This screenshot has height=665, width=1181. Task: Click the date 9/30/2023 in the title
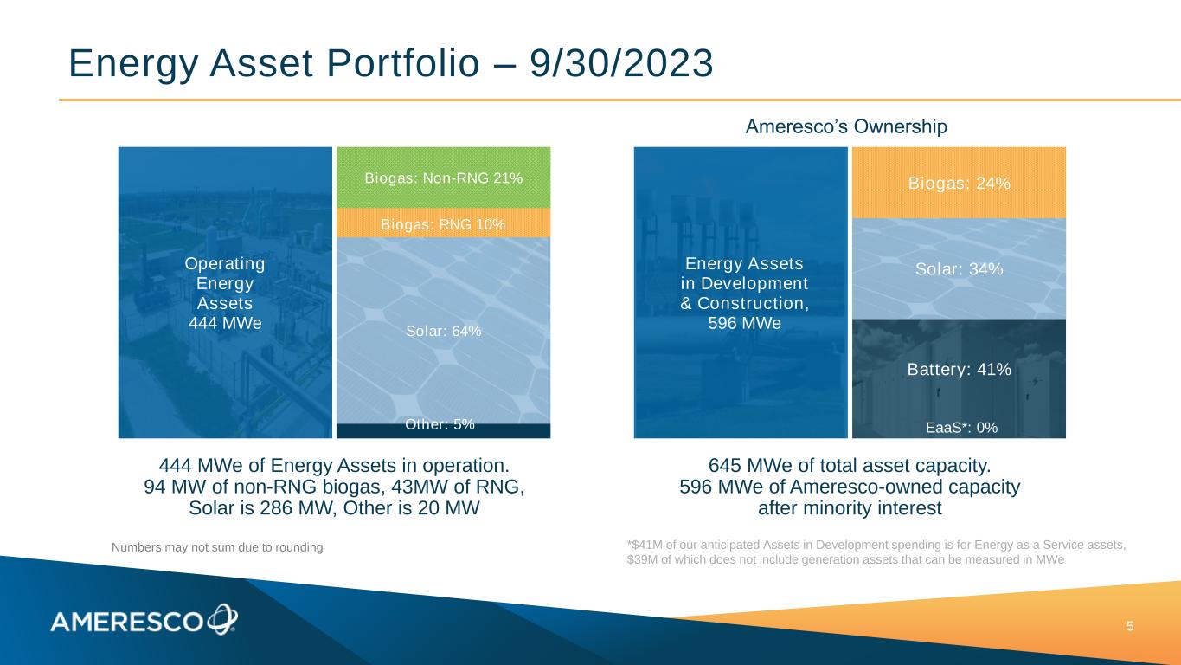[x=621, y=64]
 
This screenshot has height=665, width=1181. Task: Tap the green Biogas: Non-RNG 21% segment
[x=443, y=178]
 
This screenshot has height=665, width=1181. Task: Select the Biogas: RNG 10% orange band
[x=443, y=223]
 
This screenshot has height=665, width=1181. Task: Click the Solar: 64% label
[x=443, y=331]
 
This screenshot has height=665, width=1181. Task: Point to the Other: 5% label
[x=440, y=424]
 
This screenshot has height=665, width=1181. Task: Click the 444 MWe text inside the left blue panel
[x=225, y=323]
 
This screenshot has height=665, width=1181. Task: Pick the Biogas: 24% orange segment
[x=959, y=183]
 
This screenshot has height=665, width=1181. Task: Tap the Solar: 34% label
[x=959, y=269]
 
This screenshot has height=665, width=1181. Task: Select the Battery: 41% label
[x=959, y=370]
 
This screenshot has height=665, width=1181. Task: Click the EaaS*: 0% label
[x=962, y=428]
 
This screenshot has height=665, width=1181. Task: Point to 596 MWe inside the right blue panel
[x=744, y=323]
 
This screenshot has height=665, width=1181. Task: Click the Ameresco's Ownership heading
[x=846, y=126]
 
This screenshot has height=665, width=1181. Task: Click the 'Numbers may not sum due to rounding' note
[x=217, y=547]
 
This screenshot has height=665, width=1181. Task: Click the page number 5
[x=1130, y=627]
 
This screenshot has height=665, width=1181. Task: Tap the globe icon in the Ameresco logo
[x=222, y=618]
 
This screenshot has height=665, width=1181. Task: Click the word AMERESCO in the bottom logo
[x=126, y=623]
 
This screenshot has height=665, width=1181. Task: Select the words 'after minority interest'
[x=850, y=508]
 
